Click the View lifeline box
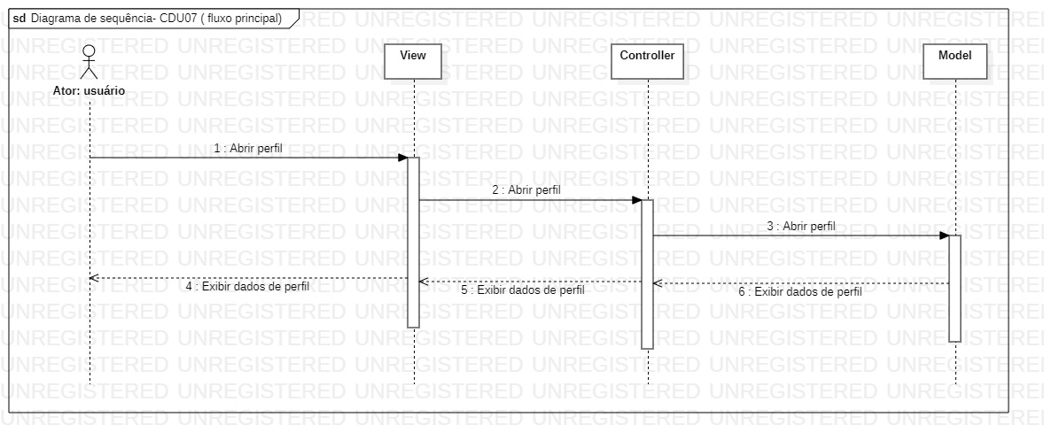[x=413, y=61]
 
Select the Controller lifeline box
[x=647, y=61]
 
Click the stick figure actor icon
[x=89, y=62]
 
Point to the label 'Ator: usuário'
[x=89, y=90]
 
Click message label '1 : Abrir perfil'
[x=248, y=149]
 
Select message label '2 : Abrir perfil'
[x=526, y=189]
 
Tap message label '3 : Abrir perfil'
[x=801, y=226]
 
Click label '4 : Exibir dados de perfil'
[x=247, y=287]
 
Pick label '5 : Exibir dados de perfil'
[x=523, y=290]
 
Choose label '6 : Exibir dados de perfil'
[x=801, y=291]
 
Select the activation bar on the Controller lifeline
[x=647, y=274]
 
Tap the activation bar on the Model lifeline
[x=954, y=287]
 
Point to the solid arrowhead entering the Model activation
[x=943, y=236]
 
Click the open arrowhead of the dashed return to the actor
[x=94, y=278]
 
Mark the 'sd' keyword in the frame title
[x=19, y=18]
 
